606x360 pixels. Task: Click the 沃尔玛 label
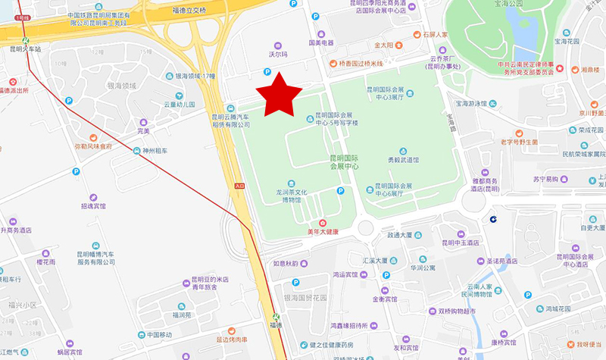[279, 55]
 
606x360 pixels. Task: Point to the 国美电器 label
[321, 43]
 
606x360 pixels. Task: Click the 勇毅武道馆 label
[403, 160]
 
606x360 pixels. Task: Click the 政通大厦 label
[401, 235]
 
